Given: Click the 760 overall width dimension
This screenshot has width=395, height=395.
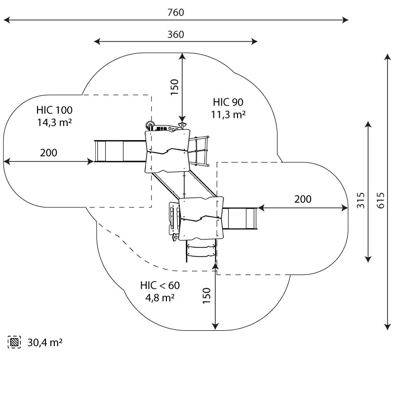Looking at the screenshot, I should coord(175,12).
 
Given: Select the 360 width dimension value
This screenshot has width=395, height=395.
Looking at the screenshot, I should coord(175,35).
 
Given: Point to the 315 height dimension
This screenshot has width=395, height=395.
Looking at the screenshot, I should coord(361,200).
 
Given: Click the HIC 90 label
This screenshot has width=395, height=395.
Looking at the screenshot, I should coord(229,102).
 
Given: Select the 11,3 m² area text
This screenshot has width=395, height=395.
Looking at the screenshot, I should coord(229,115).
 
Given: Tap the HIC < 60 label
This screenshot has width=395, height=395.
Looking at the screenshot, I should coord(160,285).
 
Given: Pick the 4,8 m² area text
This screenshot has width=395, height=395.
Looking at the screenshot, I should coord(160,298).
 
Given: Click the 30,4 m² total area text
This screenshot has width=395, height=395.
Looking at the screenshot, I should coord(45,342).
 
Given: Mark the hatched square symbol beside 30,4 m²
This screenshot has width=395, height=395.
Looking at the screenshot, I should coord(14,342).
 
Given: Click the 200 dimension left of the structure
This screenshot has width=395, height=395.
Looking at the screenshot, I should coord(48,153).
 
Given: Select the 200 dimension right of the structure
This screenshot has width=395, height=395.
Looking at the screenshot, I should coord(303,199).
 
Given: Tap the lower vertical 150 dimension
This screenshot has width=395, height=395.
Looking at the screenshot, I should coord(207,296).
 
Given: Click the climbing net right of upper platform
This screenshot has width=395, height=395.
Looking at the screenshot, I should coord(201,150).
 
